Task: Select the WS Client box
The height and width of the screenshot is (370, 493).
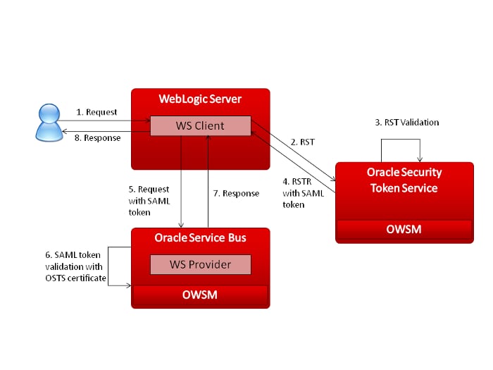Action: tap(199, 126)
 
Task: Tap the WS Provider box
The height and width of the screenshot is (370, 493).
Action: tap(201, 264)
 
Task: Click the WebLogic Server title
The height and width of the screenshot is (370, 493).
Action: tap(200, 99)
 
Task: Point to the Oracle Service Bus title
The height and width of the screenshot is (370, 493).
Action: tap(200, 238)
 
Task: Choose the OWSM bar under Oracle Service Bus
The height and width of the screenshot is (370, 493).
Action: tap(200, 295)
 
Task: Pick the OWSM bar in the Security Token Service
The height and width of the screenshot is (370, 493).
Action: tap(404, 230)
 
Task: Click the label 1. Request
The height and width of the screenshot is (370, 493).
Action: tap(96, 111)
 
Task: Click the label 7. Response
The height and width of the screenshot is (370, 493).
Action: tap(236, 193)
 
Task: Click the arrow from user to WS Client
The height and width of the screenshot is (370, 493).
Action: tap(106, 120)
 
